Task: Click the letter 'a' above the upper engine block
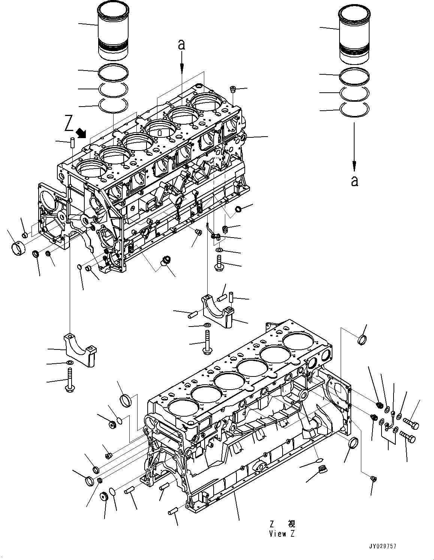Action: coord(181,45)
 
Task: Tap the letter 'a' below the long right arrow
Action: coord(354,181)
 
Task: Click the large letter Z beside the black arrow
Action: coord(69,123)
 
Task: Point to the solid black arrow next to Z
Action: coord(81,132)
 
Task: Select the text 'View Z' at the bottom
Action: coord(281,534)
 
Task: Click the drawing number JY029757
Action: coord(382,546)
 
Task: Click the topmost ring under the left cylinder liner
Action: coord(113,71)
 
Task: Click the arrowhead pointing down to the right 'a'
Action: coord(354,165)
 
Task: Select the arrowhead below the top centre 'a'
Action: coord(182,67)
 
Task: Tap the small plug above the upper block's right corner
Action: coord(233,89)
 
